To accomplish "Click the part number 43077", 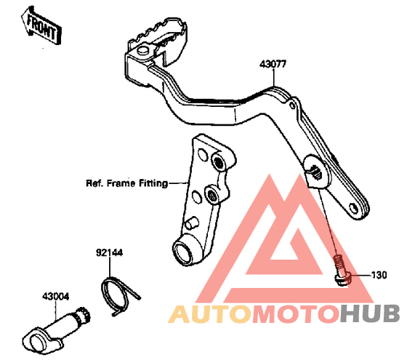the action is pos(273,64).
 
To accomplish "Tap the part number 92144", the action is pos(109,252).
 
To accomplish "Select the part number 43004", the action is pos(56,297).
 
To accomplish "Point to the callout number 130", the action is pos(379,275).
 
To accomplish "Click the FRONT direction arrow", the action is pos(41,27).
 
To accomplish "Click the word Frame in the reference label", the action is pos(121,183).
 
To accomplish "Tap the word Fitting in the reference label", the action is pos(153,183).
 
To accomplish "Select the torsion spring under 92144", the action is pos(118,296).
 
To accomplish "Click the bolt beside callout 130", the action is pos(341,270).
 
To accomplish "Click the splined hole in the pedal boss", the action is pos(316,172).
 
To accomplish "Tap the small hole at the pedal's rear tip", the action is pos(354,208).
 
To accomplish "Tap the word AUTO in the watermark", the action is pos(210,315).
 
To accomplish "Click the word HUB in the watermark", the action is pos(370,314).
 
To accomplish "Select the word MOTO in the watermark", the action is pos(296,315).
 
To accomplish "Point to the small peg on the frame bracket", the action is pos(191,223).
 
